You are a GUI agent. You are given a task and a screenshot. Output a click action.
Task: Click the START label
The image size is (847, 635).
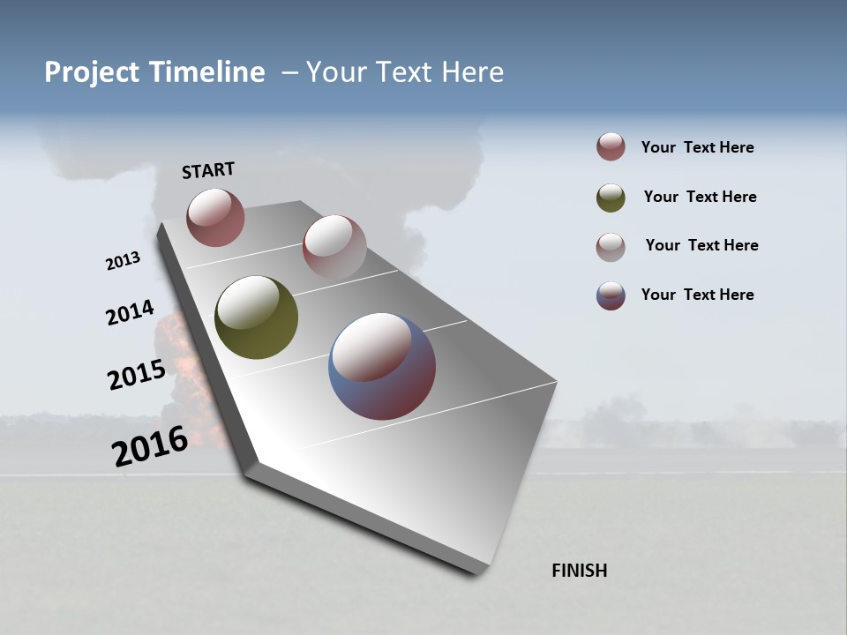pos(208,170)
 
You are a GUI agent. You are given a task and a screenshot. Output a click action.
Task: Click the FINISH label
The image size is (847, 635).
pos(580,571)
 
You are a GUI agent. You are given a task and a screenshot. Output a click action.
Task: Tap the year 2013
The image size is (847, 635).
pos(123,261)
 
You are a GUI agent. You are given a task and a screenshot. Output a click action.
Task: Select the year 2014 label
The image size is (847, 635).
pos(130,313)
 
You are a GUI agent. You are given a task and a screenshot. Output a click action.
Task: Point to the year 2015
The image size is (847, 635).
pos(137,375)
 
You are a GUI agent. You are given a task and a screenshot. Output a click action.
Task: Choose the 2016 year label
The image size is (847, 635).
pos(150,446)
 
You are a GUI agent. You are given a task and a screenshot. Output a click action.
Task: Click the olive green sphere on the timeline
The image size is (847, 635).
pos(257,317)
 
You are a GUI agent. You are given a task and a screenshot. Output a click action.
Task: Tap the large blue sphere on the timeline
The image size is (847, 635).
pos(382,366)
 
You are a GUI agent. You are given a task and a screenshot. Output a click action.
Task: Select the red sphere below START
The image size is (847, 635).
pos(215,217)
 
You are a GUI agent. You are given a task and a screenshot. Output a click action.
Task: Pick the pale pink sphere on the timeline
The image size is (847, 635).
pos(334,246)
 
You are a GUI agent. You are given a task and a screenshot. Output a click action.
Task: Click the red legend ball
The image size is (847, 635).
pos(611,147)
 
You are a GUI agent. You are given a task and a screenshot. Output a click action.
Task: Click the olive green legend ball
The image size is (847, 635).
pos(611,198)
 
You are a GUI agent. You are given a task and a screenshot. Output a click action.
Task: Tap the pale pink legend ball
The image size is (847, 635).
pos(611,247)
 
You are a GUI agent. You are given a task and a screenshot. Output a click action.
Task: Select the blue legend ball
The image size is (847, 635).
pos(611,295)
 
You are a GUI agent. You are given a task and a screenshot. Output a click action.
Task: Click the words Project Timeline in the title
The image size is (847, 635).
pos(154,72)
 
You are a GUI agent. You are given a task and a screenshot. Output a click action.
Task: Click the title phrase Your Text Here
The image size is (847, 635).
pos(405,72)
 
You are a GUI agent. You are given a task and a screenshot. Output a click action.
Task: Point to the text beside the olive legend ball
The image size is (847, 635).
pos(700,197)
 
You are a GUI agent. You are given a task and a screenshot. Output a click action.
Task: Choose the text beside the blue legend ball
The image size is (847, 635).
pos(697,295)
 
